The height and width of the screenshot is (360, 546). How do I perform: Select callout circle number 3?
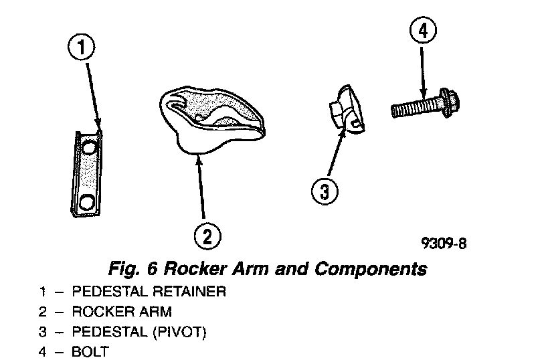[x=324, y=191]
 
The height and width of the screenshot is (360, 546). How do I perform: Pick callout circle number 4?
[x=422, y=31]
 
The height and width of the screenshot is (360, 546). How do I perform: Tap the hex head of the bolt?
[x=454, y=104]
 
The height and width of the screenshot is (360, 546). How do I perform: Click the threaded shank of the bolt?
[x=416, y=106]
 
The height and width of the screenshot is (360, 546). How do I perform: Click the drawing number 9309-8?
[x=443, y=244]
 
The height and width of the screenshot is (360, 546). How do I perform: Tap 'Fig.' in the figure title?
[x=122, y=269]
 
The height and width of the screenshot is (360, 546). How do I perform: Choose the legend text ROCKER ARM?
[x=121, y=311]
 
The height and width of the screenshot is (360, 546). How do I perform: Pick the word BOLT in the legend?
[x=90, y=351]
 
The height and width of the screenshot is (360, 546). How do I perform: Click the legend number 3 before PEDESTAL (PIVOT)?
[x=42, y=331]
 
